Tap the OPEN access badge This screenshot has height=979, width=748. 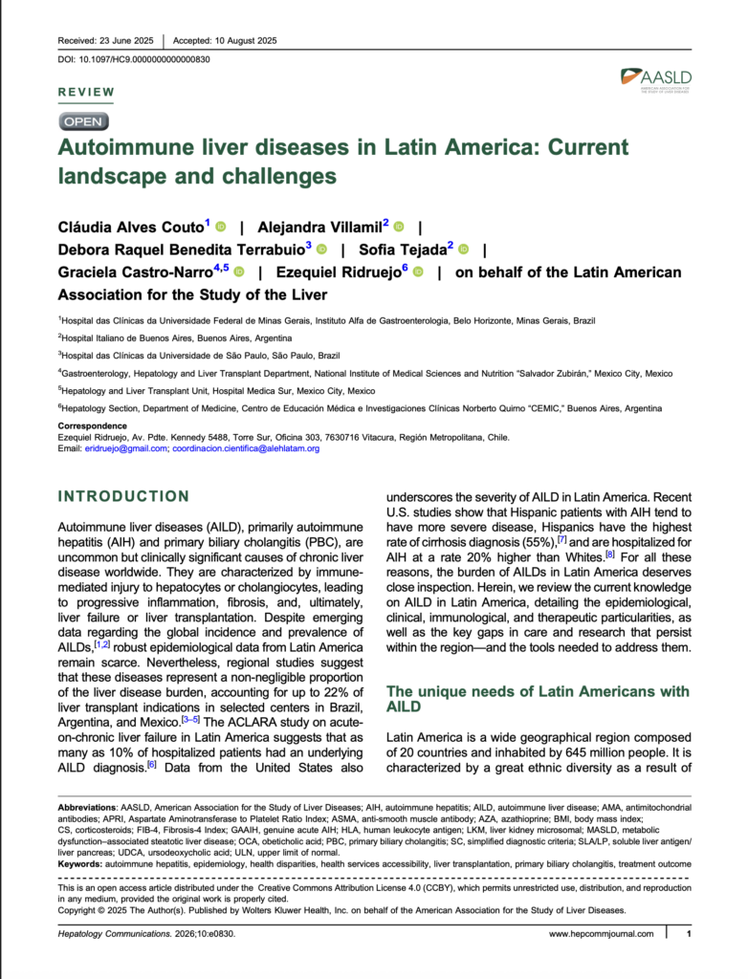pyautogui.click(x=84, y=121)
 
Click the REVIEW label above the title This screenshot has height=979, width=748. pyautogui.click(x=87, y=93)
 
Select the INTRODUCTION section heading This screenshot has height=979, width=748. pyautogui.click(x=123, y=496)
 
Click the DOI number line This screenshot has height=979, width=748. pyautogui.click(x=134, y=59)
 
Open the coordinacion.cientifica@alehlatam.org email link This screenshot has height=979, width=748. pyautogui.click(x=246, y=447)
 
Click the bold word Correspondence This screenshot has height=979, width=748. pyautogui.click(x=93, y=425)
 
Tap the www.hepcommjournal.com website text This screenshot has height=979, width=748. pyautogui.click(x=602, y=934)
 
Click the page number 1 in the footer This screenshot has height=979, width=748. pyautogui.click(x=689, y=934)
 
